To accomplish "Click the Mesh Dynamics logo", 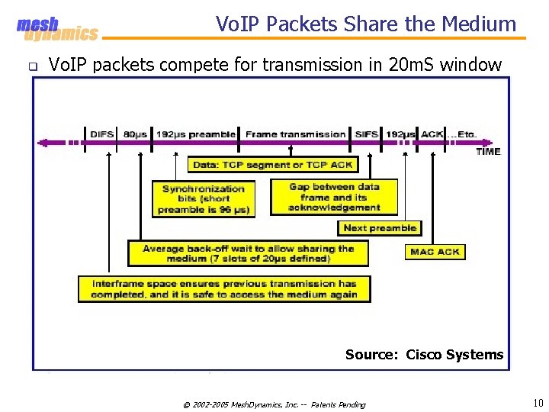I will click(x=56, y=29).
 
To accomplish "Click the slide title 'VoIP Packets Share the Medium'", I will click(x=366, y=24).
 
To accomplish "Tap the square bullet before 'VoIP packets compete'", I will click(x=33, y=66).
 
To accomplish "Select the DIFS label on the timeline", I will click(x=101, y=134).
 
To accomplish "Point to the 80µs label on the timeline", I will click(x=135, y=134).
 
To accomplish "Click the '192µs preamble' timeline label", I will click(x=196, y=134).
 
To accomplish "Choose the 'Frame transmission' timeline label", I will click(x=295, y=134).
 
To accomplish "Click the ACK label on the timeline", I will click(x=432, y=134).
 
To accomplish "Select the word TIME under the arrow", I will click(x=488, y=151).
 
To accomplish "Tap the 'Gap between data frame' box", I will click(x=334, y=197).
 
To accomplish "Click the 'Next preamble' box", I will click(x=380, y=227).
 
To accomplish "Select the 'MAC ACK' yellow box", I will click(x=435, y=251).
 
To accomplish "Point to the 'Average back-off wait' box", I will click(x=248, y=253).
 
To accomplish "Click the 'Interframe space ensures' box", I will click(x=223, y=288).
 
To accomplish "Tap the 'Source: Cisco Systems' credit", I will click(x=424, y=354).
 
